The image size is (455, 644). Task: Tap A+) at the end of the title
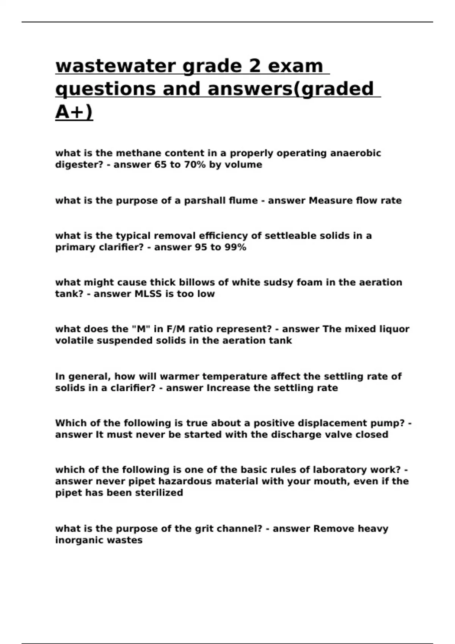(x=74, y=112)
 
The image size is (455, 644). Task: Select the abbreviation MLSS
(x=149, y=294)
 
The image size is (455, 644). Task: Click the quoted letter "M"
(x=141, y=329)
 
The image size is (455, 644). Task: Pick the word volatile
(x=74, y=341)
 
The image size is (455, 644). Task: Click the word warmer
(x=179, y=377)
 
